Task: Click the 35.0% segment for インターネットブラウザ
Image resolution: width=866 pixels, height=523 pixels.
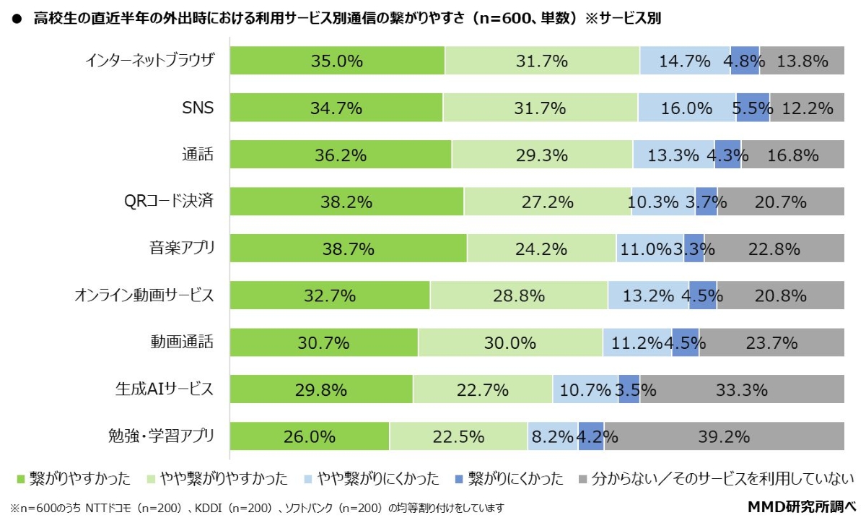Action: coord(337,61)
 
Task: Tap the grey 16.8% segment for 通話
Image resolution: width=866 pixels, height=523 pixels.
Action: coord(792,155)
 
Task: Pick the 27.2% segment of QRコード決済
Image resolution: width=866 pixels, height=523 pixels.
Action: coord(547,202)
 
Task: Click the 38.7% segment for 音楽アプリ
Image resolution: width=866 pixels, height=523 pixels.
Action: coord(349,249)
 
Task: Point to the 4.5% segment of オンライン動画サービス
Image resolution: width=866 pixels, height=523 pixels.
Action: coord(702,295)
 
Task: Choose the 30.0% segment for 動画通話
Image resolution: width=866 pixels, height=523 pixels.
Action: coord(510,342)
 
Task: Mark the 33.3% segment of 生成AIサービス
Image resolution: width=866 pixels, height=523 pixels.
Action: coord(742,390)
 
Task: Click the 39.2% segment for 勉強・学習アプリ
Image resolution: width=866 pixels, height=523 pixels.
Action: coord(724,436)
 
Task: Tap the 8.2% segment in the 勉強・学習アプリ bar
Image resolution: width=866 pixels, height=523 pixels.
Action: coord(553,436)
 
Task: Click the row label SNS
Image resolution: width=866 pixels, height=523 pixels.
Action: coord(198,108)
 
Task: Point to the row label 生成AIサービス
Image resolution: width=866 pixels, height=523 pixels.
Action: coord(165,390)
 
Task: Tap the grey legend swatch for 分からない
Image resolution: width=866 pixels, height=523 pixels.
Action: coord(583,478)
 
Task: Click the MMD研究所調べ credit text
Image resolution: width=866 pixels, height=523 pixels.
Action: coord(800,507)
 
